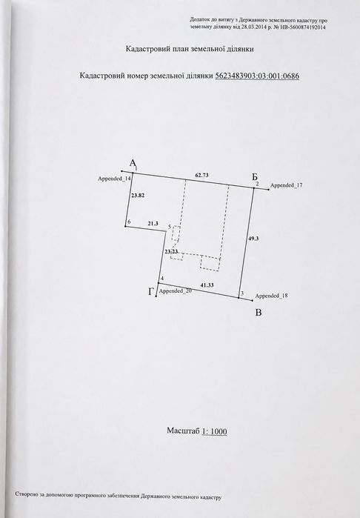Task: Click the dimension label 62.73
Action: pos(201,175)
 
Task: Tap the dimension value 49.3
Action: pos(253,238)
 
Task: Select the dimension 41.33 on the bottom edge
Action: pos(207,285)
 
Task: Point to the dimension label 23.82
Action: pos(138,195)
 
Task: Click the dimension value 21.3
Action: pos(153,223)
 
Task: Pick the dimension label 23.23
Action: pos(172,251)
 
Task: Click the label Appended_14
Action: pos(115,179)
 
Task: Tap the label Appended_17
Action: pos(287,185)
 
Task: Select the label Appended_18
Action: pos(271,296)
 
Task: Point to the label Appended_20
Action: pos(176,291)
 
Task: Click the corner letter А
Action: pos(133,163)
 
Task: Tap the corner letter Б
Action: pos(254,176)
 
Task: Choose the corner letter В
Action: pos(259,313)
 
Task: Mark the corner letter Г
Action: pos(151,292)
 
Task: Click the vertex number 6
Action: pos(129,222)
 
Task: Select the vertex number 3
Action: pos(241,293)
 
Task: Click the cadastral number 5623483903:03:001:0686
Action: pos(257,76)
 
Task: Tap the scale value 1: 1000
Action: pos(214,431)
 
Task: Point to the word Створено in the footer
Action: pos(24,494)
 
